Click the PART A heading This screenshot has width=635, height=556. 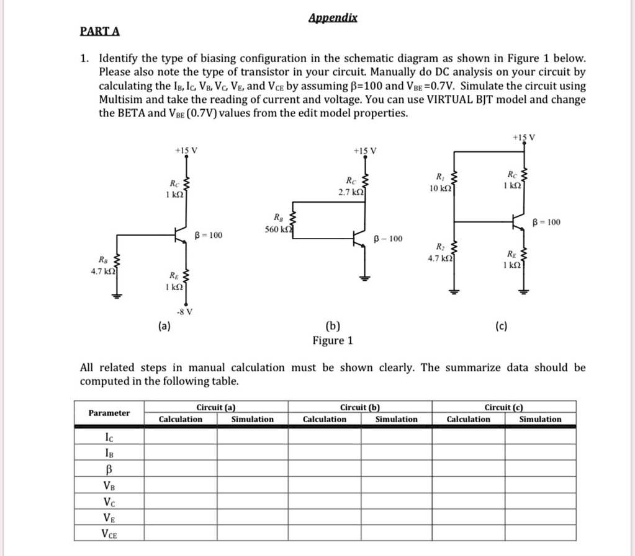[100, 31]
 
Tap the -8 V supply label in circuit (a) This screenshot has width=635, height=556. [184, 311]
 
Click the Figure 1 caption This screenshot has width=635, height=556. [333, 340]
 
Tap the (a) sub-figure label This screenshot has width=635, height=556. [166, 325]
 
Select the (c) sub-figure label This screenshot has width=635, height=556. [501, 325]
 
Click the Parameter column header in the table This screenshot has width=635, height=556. [109, 413]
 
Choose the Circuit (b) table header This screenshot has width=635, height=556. [360, 407]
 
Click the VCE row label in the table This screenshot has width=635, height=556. [109, 533]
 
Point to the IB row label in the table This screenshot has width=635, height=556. [109, 452]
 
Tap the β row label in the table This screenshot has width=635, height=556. [109, 469]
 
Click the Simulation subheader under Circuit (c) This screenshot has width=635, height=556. [540, 420]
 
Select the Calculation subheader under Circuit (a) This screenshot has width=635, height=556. [181, 420]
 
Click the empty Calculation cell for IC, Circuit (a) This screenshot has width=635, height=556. [181, 436]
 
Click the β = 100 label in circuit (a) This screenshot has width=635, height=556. [209, 235]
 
